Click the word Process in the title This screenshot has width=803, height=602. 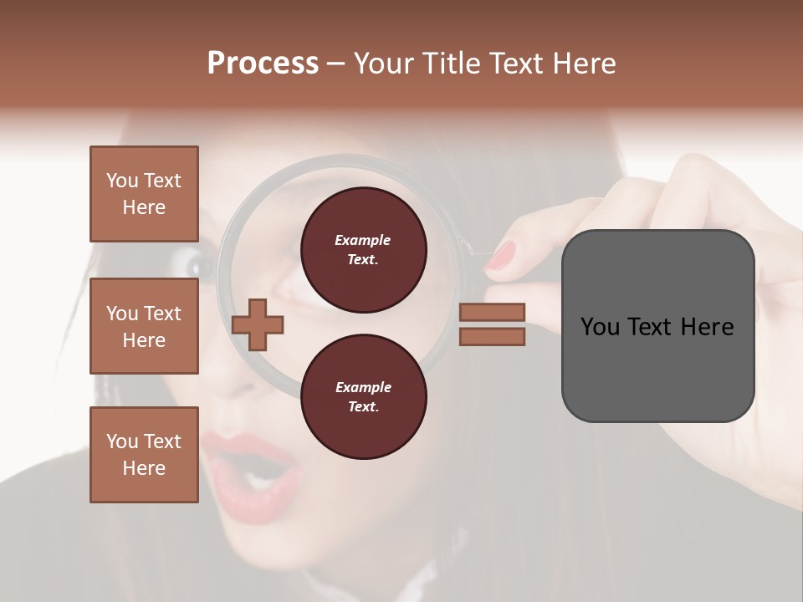coord(263,64)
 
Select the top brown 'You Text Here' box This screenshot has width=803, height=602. coord(144,194)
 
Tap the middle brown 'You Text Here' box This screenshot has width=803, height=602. coord(144,326)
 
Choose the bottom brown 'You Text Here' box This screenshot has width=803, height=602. coord(144,454)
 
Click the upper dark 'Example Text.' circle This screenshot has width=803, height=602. coord(363,249)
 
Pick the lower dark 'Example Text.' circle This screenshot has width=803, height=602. coord(363,396)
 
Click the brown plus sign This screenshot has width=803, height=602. coord(258,325)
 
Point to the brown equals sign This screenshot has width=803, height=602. coord(493,324)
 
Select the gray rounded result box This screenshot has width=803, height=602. coord(657,326)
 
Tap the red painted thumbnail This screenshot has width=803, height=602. coord(501,254)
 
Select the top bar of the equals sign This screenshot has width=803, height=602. coord(493,313)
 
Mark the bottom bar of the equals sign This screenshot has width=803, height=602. coord(493,336)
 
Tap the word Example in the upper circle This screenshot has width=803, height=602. coord(363,240)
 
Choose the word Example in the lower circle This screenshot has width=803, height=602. coord(363,387)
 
